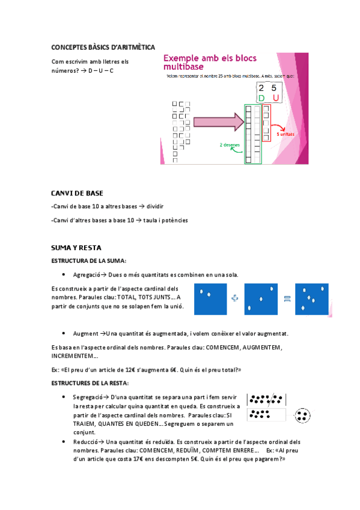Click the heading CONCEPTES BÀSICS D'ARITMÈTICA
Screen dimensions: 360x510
(103, 47)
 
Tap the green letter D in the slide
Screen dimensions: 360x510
(261, 98)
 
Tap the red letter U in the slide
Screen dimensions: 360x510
(275, 98)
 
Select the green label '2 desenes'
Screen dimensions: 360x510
(230, 145)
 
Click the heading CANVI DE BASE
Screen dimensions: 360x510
(78, 193)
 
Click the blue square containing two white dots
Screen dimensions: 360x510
(209, 299)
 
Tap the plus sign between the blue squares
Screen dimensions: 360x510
(235, 299)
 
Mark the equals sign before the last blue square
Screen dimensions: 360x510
(287, 299)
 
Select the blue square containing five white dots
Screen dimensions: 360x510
(312, 299)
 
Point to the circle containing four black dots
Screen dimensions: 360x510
(304, 415)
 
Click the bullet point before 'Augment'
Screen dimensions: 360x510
(64, 333)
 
